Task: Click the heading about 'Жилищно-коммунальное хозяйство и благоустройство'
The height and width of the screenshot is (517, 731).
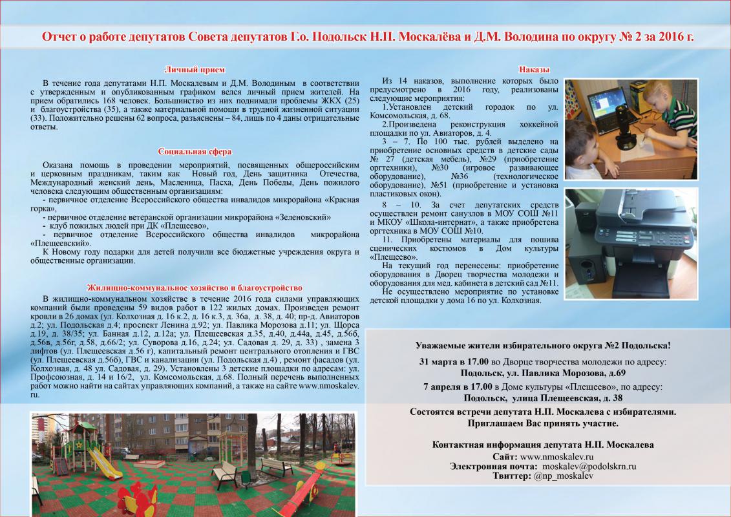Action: pyautogui.click(x=195, y=288)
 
